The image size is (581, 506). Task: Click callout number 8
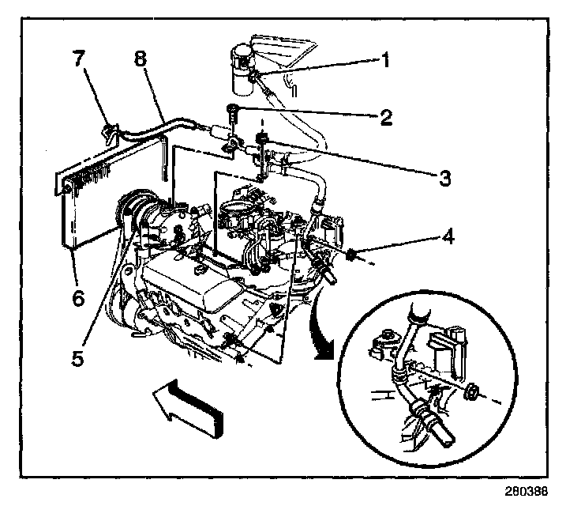point(140,60)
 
